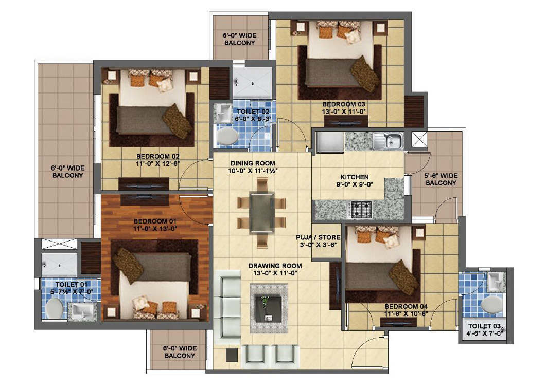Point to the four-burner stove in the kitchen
pos(361,209)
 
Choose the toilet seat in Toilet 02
pos(227,136)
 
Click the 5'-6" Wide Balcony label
pos(441,179)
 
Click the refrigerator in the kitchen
pos(330,142)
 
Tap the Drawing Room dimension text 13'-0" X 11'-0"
pos(275,273)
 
